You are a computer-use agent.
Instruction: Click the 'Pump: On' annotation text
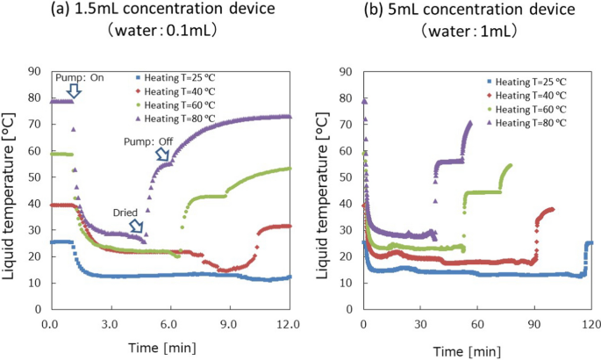click(x=80, y=77)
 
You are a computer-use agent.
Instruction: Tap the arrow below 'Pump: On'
click(x=74, y=90)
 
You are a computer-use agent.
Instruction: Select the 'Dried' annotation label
click(x=125, y=212)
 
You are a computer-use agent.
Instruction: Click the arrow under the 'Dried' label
click(x=137, y=227)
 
